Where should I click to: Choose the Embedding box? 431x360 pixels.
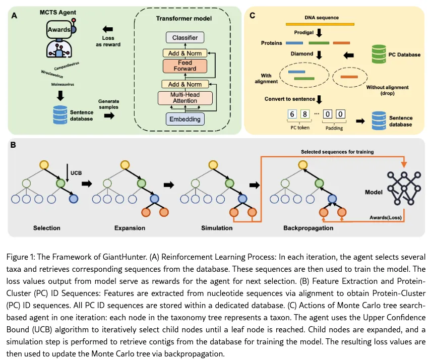coord(185,119)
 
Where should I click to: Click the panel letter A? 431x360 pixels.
coord(15,16)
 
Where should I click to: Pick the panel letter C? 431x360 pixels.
coord(253,16)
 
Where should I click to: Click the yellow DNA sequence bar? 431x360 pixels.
coord(320,24)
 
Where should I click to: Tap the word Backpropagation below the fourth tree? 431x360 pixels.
coord(309,228)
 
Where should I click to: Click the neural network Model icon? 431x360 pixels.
coord(404,188)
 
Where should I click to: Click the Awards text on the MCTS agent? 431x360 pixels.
coord(59,30)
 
